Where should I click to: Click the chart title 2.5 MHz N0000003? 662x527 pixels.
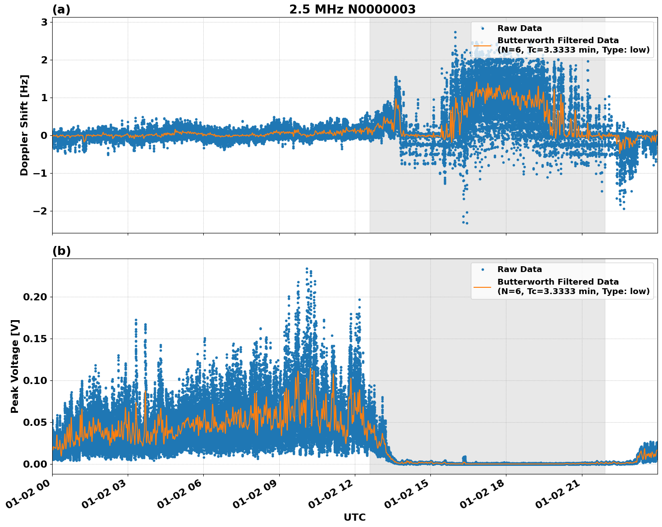pyautogui.click(x=352, y=9)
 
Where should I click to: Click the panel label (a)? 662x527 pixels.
pyautogui.click(x=61, y=9)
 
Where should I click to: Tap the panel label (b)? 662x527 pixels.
pyautogui.click(x=61, y=251)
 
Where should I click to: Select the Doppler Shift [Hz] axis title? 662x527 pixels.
pyautogui.click(x=24, y=125)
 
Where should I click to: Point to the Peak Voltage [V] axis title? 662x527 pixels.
pyautogui.click(x=15, y=366)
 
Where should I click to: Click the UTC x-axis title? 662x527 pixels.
pyautogui.click(x=354, y=517)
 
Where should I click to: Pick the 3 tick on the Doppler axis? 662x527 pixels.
pyautogui.click(x=44, y=22)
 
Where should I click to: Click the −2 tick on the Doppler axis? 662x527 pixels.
pyautogui.click(x=40, y=211)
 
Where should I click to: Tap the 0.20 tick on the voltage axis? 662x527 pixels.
pyautogui.click(x=35, y=297)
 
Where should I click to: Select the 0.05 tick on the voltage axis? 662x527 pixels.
pyautogui.click(x=35, y=422)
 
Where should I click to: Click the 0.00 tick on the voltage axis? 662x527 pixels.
pyautogui.click(x=35, y=464)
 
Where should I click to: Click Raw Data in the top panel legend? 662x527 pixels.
pyautogui.click(x=519, y=28)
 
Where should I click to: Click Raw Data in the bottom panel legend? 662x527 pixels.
pyautogui.click(x=519, y=269)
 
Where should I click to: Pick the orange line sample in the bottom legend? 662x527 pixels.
pyautogui.click(x=483, y=286)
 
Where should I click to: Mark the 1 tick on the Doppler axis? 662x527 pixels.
pyautogui.click(x=44, y=98)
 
